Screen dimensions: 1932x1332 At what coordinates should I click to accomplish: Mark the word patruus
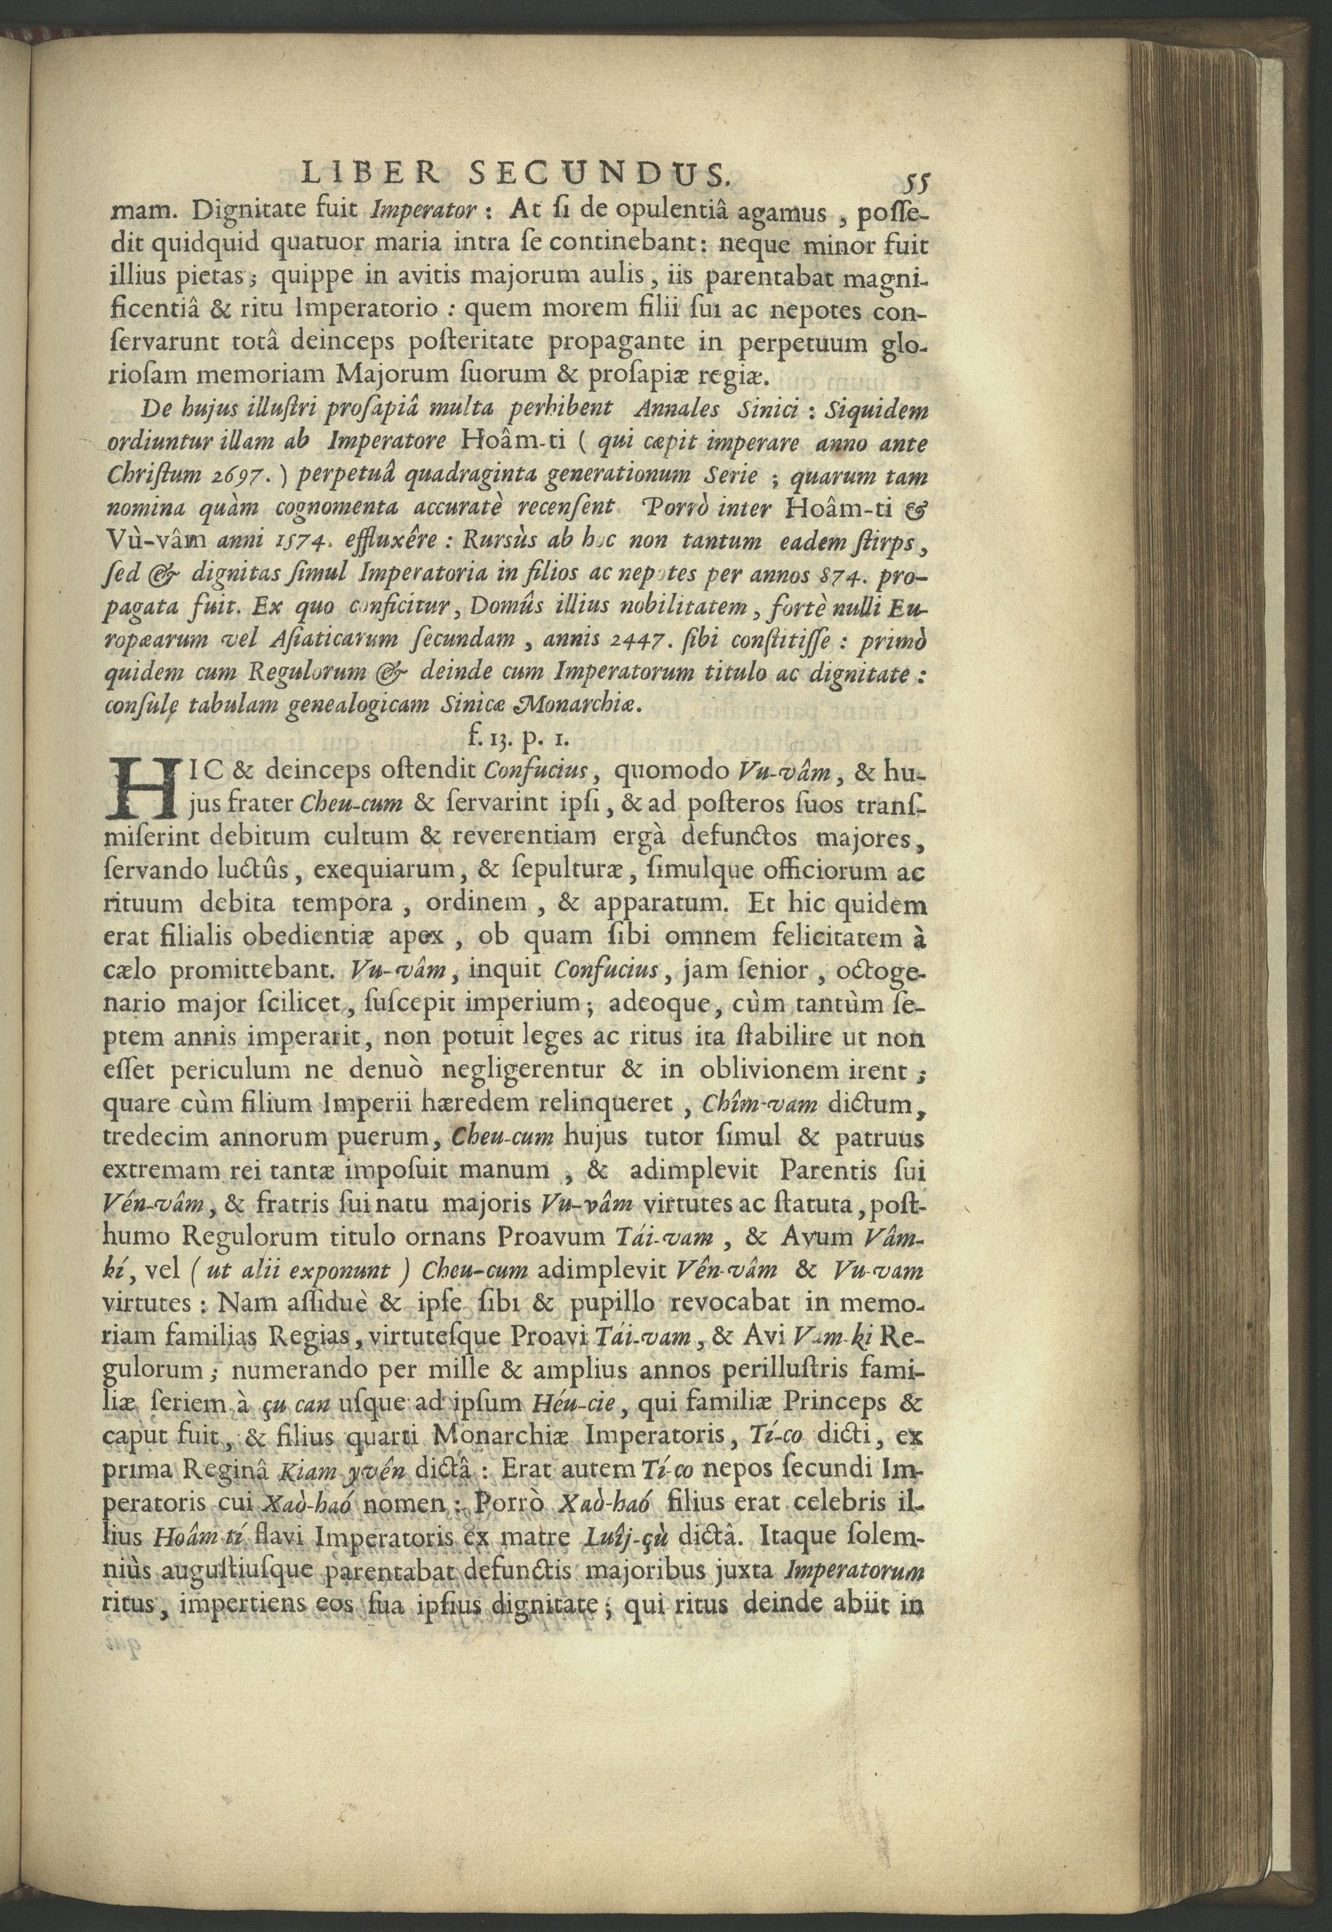(886, 1138)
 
